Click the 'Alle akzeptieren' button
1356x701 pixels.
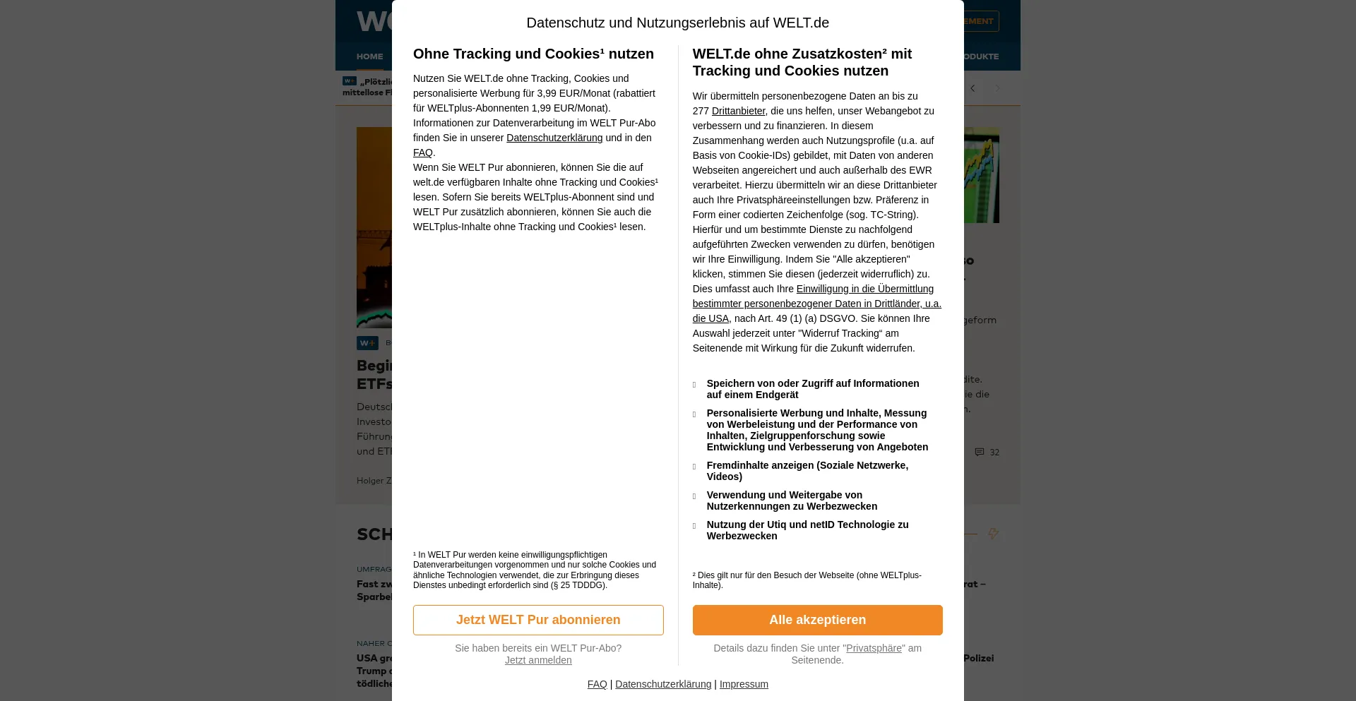tap(817, 620)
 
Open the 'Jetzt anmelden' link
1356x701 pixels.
tap(538, 660)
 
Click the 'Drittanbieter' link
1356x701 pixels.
tap(738, 111)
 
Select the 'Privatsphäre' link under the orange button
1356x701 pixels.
tap(874, 648)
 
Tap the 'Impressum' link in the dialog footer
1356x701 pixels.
tap(744, 684)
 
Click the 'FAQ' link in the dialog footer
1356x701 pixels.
tap(597, 684)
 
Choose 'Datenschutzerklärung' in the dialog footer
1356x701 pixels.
tap(663, 684)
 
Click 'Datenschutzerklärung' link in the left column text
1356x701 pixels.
tap(554, 138)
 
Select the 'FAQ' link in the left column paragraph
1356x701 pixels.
tap(422, 152)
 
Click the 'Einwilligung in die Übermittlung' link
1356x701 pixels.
tap(864, 289)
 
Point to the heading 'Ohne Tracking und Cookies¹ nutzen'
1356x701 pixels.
tap(533, 54)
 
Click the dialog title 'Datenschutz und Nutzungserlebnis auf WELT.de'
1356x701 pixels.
tap(677, 23)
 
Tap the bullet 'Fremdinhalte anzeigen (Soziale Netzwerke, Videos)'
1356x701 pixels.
tap(807, 471)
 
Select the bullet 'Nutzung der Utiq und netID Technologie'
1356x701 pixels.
tap(807, 530)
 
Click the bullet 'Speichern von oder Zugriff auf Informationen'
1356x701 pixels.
tap(812, 389)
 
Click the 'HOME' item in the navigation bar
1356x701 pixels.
tap(369, 56)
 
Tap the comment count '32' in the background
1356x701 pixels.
tap(994, 453)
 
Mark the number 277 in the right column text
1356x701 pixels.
tap(701, 111)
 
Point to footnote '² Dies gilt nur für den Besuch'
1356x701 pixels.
tap(807, 580)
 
